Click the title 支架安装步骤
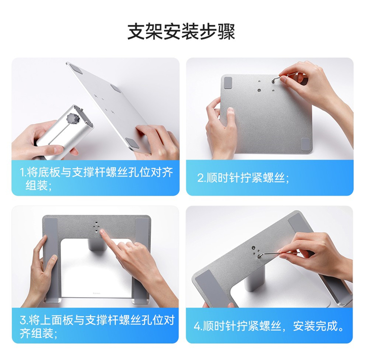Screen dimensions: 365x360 click(x=182, y=32)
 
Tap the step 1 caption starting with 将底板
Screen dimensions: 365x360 click(x=96, y=179)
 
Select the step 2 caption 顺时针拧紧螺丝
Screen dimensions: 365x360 click(x=243, y=178)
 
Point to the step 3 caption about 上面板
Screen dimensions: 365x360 click(x=97, y=327)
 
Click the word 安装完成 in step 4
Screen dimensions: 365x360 click(x=318, y=326)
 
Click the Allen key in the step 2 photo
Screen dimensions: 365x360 click(x=285, y=76)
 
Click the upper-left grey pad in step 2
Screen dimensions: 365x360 click(x=228, y=82)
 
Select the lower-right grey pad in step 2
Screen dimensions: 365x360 click(x=305, y=145)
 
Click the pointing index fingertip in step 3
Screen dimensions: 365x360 click(x=102, y=232)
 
